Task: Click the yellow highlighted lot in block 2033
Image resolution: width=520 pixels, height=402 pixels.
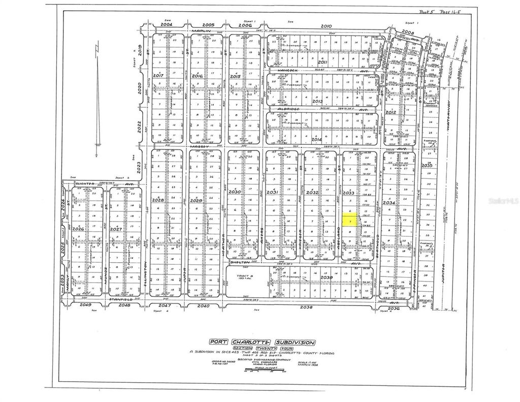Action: tap(349, 219)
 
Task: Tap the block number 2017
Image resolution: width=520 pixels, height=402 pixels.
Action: tap(158, 75)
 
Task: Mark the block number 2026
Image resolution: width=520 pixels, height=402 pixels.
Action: tap(78, 229)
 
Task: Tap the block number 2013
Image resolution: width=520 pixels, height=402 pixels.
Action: tap(318, 101)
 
